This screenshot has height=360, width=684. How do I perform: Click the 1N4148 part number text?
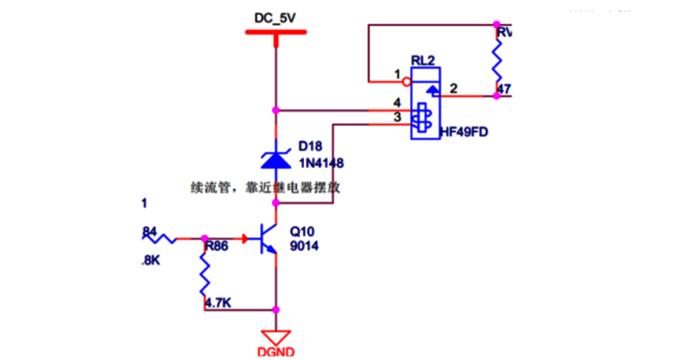coord(321,163)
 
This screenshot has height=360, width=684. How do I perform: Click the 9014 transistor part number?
coord(304,246)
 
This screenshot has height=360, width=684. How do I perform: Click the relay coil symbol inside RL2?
coord(421,117)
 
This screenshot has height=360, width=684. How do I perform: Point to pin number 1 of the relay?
coord(396,74)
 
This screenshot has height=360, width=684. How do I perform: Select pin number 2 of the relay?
coord(454,89)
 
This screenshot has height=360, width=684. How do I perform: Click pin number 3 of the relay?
coord(396,117)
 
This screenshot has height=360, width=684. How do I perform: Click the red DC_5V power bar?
coord(275,32)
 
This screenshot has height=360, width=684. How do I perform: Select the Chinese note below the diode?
coord(264,188)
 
